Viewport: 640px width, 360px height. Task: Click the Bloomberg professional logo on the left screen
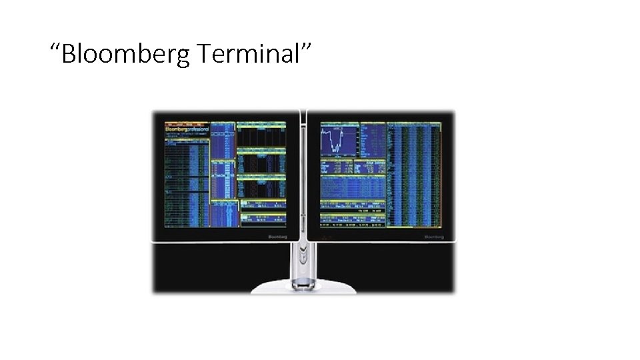pos(187,127)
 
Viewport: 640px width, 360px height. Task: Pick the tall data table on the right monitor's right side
pos(415,175)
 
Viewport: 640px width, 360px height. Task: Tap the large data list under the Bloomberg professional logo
pos(187,180)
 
